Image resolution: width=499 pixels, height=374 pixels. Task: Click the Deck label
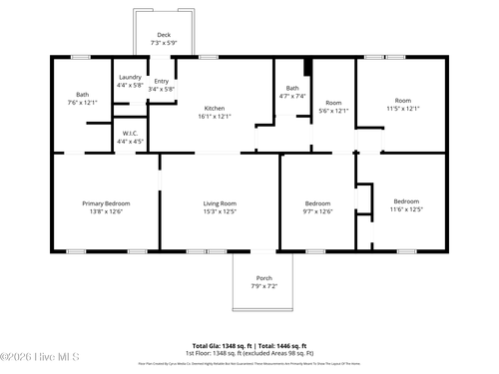[163, 35]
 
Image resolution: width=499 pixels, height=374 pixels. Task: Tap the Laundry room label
[130, 77]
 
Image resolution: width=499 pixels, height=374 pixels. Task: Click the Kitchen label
[215, 108]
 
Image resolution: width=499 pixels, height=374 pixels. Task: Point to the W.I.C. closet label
[130, 133]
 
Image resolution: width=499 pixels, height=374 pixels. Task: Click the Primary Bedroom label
[106, 202]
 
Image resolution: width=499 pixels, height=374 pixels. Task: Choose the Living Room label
[219, 202]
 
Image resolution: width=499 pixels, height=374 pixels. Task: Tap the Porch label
[263, 278]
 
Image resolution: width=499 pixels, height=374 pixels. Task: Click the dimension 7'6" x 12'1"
[83, 102]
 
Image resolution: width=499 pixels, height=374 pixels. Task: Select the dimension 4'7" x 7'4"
[292, 96]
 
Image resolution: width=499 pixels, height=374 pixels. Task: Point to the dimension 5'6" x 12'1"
[333, 111]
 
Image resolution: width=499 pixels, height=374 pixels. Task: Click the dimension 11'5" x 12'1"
[402, 108]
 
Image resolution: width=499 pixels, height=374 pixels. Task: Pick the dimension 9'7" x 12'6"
[317, 210]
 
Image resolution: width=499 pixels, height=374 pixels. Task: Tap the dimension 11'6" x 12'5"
[406, 209]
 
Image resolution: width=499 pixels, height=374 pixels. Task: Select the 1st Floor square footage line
[249, 352]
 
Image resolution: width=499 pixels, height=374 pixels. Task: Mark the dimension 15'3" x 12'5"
[219, 210]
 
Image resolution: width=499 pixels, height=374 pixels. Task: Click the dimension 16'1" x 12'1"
[215, 116]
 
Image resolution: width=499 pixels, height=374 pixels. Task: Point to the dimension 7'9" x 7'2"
[263, 286]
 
